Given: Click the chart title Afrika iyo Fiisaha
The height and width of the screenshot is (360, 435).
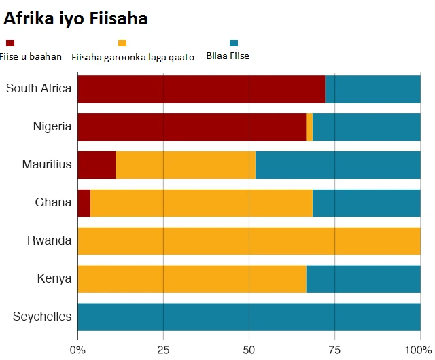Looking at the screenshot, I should (x=76, y=19).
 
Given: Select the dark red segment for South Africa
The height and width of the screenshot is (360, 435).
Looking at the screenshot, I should (x=201, y=89).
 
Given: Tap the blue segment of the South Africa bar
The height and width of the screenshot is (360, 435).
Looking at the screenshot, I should (x=372, y=89).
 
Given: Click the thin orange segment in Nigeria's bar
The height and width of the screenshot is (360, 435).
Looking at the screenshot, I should (x=309, y=127).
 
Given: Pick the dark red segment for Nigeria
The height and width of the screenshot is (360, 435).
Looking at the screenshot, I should (x=192, y=127).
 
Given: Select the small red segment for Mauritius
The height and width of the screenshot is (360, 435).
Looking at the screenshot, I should (x=97, y=165).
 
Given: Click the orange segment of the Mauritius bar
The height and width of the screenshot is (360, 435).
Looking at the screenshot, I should (x=186, y=165).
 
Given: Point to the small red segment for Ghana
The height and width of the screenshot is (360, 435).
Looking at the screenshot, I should (x=84, y=203).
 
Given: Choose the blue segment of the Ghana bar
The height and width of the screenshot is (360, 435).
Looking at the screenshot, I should (x=366, y=203).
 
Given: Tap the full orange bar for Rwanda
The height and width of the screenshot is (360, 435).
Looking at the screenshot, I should (x=249, y=241).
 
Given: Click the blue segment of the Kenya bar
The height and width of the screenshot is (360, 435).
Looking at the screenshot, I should (x=363, y=279).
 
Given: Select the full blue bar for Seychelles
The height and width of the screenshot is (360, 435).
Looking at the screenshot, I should (x=249, y=317).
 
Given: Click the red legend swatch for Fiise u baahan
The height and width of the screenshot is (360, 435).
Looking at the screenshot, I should (x=10, y=43).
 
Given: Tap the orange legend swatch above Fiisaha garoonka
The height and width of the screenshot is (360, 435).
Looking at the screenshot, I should (x=122, y=43).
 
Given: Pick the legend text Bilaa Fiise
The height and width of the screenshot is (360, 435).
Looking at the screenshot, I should (x=228, y=56).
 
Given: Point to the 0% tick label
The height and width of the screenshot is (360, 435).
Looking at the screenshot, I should (x=78, y=350).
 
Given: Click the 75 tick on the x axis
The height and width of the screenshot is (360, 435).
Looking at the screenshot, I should (x=334, y=350).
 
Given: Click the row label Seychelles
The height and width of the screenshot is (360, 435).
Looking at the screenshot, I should (x=42, y=317).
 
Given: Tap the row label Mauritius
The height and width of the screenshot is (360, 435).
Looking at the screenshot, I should (x=46, y=165).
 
